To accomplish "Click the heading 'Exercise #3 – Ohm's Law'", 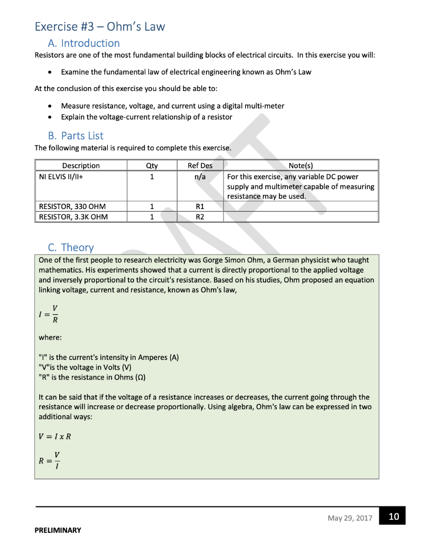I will click(x=100, y=26).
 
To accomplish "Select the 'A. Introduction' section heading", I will click(x=83, y=43).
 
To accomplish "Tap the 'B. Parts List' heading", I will click(x=76, y=136).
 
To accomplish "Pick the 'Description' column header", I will click(x=81, y=166).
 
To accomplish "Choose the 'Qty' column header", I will click(x=152, y=166).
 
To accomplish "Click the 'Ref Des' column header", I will click(x=200, y=166).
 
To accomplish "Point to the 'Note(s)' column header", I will click(x=301, y=166).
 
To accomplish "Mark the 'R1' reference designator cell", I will click(x=200, y=206).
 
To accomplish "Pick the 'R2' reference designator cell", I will click(x=200, y=216).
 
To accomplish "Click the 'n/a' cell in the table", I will click(x=200, y=177).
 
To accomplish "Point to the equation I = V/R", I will click(x=48, y=314).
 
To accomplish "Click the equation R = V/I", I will click(x=49, y=460).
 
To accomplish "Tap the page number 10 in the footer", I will click(x=394, y=517).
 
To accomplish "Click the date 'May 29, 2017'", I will click(x=350, y=518).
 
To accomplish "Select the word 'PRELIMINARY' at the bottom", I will click(x=58, y=530).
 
